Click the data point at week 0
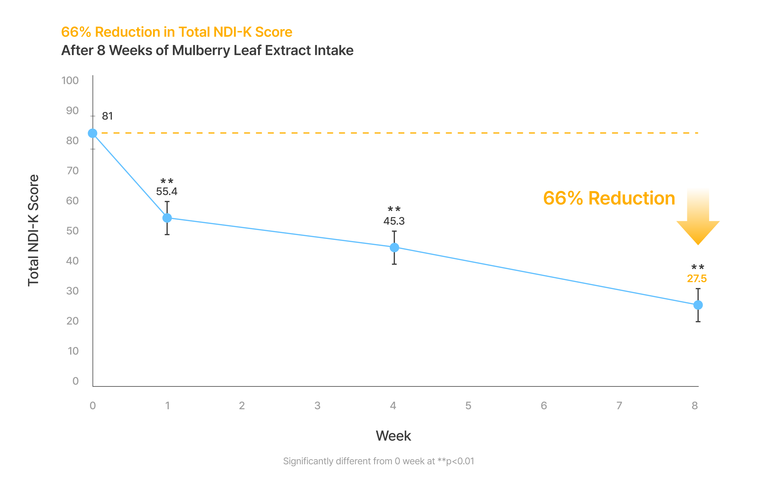[x=93, y=133]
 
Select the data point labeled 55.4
[x=167, y=218]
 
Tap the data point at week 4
[x=395, y=248]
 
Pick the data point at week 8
[x=698, y=305]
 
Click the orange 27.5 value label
[x=697, y=279]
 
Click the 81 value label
[x=107, y=116]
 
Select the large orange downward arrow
[x=698, y=221]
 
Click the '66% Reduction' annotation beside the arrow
[x=609, y=198]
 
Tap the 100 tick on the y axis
[x=70, y=81]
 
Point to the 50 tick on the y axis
[x=73, y=231]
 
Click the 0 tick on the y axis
[x=75, y=381]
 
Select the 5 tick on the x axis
[x=469, y=406]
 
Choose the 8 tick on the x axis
[x=695, y=406]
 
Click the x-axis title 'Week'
[x=393, y=436]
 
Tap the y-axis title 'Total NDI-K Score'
[x=33, y=230]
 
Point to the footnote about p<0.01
[x=378, y=461]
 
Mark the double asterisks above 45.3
[x=394, y=209]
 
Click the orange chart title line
[x=177, y=32]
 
